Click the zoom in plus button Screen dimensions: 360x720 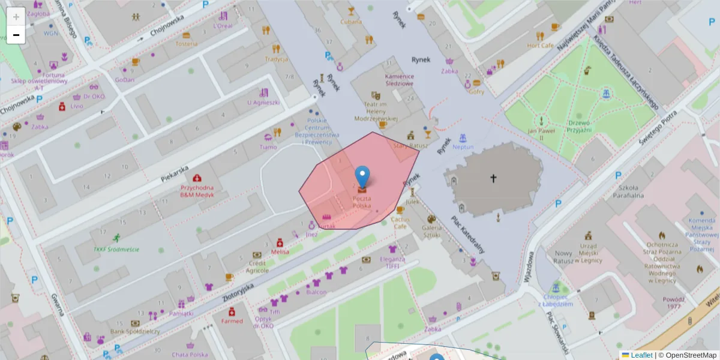pyautogui.click(x=16, y=16)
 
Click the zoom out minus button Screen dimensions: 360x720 pyautogui.click(x=16, y=35)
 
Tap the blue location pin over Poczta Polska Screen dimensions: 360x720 pyautogui.click(x=362, y=176)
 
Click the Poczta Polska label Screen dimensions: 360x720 pyautogui.click(x=361, y=202)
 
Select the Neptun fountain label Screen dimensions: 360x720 pyautogui.click(x=463, y=147)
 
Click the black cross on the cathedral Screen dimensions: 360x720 pyautogui.click(x=494, y=178)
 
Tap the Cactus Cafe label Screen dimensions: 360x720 pyautogui.click(x=400, y=223)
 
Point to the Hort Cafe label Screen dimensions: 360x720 pyautogui.click(x=540, y=45)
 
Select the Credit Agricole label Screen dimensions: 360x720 pyautogui.click(x=258, y=266)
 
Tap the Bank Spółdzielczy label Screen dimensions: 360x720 pyautogui.click(x=134, y=331)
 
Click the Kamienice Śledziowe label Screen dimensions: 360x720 pyautogui.click(x=399, y=80)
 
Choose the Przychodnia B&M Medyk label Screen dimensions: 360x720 pyautogui.click(x=197, y=191)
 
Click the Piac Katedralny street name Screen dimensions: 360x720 pyautogui.click(x=467, y=235)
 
